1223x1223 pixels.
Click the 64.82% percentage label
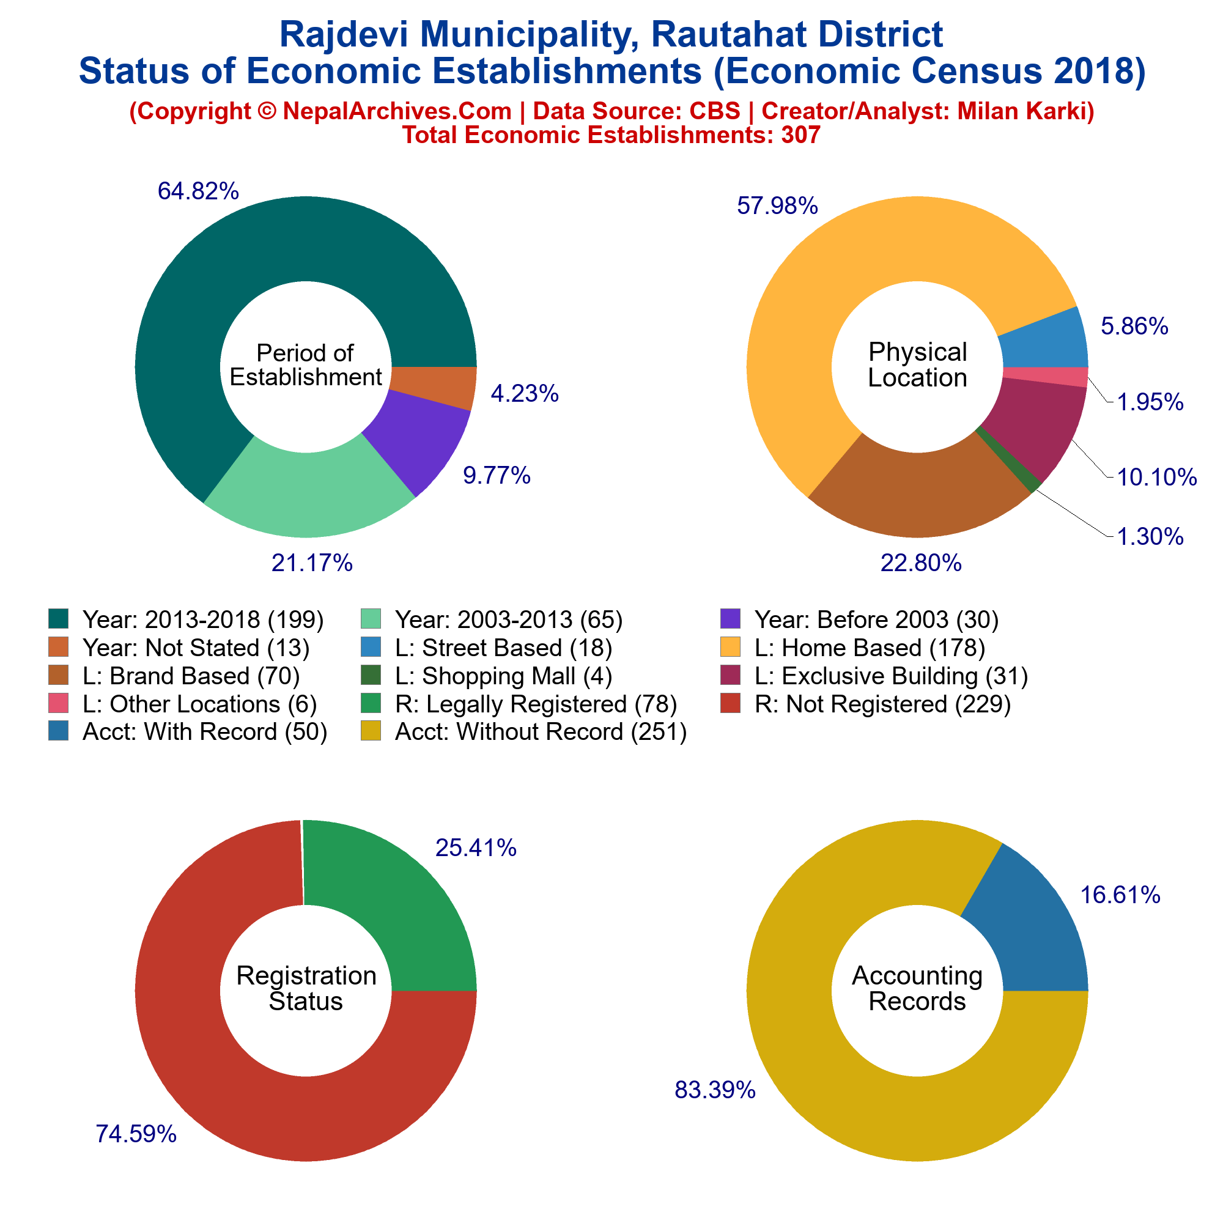pyautogui.click(x=198, y=191)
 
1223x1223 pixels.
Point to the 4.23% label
pyautogui.click(x=525, y=394)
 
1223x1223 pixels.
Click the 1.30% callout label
pyautogui.click(x=1150, y=537)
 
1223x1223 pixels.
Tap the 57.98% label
pyautogui.click(x=777, y=205)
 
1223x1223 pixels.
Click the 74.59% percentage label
pyautogui.click(x=136, y=1134)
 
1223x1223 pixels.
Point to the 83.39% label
pyautogui.click(x=715, y=1090)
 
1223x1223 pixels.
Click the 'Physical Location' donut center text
pyautogui.click(x=917, y=364)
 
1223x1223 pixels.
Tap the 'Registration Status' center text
pyautogui.click(x=306, y=988)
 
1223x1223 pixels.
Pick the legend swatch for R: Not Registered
pyautogui.click(x=731, y=703)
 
